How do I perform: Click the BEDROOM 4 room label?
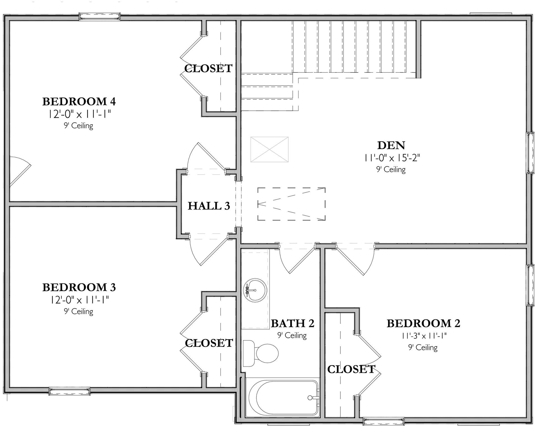pyautogui.click(x=79, y=102)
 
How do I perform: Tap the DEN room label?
pyautogui.click(x=391, y=145)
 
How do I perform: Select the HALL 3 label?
pyautogui.click(x=209, y=206)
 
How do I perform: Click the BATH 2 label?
pyautogui.click(x=292, y=323)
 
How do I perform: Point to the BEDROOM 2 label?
pyautogui.click(x=423, y=323)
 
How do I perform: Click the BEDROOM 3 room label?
pyautogui.click(x=79, y=287)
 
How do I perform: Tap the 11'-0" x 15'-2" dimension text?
pyautogui.click(x=392, y=158)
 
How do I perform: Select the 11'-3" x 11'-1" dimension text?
pyautogui.click(x=424, y=336)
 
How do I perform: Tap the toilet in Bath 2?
pyautogui.click(x=261, y=353)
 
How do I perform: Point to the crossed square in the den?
pyautogui.click(x=269, y=149)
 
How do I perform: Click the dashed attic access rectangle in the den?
pyautogui.click(x=291, y=204)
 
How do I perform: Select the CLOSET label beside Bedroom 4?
pyautogui.click(x=208, y=69)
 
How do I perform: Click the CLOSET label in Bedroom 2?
pyautogui.click(x=351, y=369)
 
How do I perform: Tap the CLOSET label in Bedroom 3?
pyautogui.click(x=209, y=343)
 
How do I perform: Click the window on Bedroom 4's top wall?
pyautogui.click(x=99, y=17)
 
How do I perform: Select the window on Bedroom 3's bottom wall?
pyautogui.click(x=70, y=391)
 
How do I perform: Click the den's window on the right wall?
pyautogui.click(x=530, y=153)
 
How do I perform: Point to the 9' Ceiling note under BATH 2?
pyautogui.click(x=292, y=336)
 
